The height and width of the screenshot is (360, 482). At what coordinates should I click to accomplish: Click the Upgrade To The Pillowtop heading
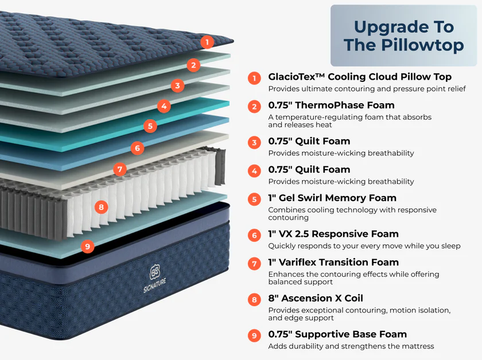403,36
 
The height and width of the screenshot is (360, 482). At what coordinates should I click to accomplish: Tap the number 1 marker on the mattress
208,42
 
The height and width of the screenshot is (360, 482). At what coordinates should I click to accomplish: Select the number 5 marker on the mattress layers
150,126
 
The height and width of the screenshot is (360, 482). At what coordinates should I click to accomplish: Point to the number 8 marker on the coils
101,207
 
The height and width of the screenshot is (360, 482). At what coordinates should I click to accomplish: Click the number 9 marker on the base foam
87,246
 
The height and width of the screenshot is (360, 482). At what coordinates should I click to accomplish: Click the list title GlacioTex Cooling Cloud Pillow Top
360,77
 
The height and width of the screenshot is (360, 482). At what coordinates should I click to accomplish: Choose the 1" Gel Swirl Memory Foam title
332,198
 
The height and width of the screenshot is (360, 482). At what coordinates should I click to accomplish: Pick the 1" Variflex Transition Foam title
333,263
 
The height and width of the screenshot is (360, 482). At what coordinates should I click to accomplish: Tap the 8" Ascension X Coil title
316,299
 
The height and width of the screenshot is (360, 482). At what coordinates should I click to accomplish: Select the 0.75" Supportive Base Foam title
337,334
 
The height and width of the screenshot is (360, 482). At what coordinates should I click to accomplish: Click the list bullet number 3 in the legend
254,142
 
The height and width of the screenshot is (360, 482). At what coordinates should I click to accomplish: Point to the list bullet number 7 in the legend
254,264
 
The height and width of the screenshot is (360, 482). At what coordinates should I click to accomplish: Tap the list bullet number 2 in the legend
254,107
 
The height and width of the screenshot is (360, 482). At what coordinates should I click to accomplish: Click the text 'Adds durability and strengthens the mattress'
351,346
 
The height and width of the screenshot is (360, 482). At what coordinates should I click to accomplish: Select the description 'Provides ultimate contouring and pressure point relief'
367,89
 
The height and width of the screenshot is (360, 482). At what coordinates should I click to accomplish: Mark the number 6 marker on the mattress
137,148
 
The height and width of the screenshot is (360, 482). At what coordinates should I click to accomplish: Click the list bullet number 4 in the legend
254,171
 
